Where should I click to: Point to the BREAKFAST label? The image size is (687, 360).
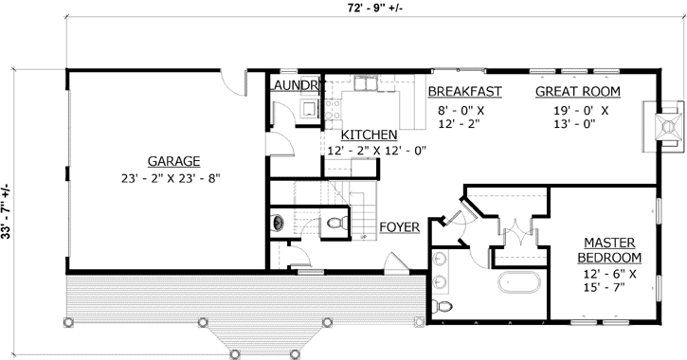click(463, 92)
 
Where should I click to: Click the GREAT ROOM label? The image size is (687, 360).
click(577, 92)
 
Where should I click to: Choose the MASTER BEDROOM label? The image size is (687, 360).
click(608, 250)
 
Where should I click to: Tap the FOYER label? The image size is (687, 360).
click(400, 227)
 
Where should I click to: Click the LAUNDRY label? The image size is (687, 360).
click(298, 85)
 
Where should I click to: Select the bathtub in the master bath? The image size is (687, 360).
click(520, 282)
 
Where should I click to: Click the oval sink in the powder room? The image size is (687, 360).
click(279, 224)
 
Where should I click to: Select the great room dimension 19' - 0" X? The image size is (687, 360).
click(577, 110)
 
